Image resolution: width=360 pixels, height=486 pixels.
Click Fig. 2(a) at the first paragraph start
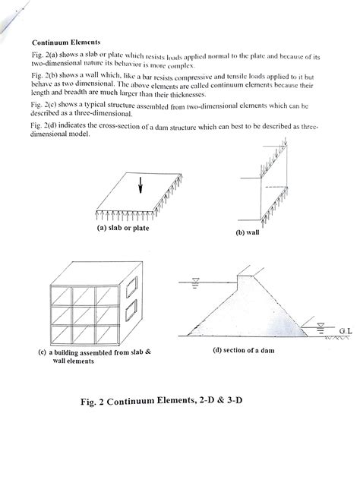(47, 56)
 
